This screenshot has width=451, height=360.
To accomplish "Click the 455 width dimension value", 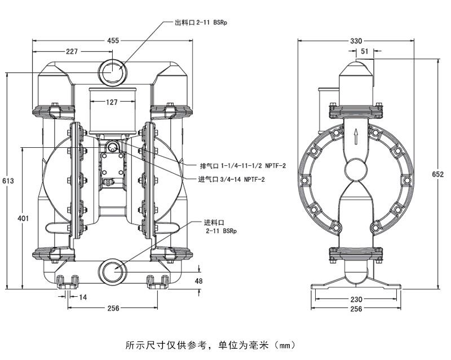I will [x=113, y=41].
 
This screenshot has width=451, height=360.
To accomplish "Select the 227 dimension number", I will [x=72, y=51].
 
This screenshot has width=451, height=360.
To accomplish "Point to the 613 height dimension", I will [x=8, y=181].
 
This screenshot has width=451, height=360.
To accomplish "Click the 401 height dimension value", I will [x=23, y=218].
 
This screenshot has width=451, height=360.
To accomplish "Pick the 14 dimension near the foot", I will [x=83, y=297].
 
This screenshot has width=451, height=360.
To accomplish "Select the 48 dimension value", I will [x=198, y=280].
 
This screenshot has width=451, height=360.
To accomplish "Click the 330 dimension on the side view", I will [x=356, y=41].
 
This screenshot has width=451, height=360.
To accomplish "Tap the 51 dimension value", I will [x=365, y=51].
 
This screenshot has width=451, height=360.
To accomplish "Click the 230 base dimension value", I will [x=356, y=300].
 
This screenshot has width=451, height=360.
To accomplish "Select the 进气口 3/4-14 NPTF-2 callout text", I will [x=232, y=179].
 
